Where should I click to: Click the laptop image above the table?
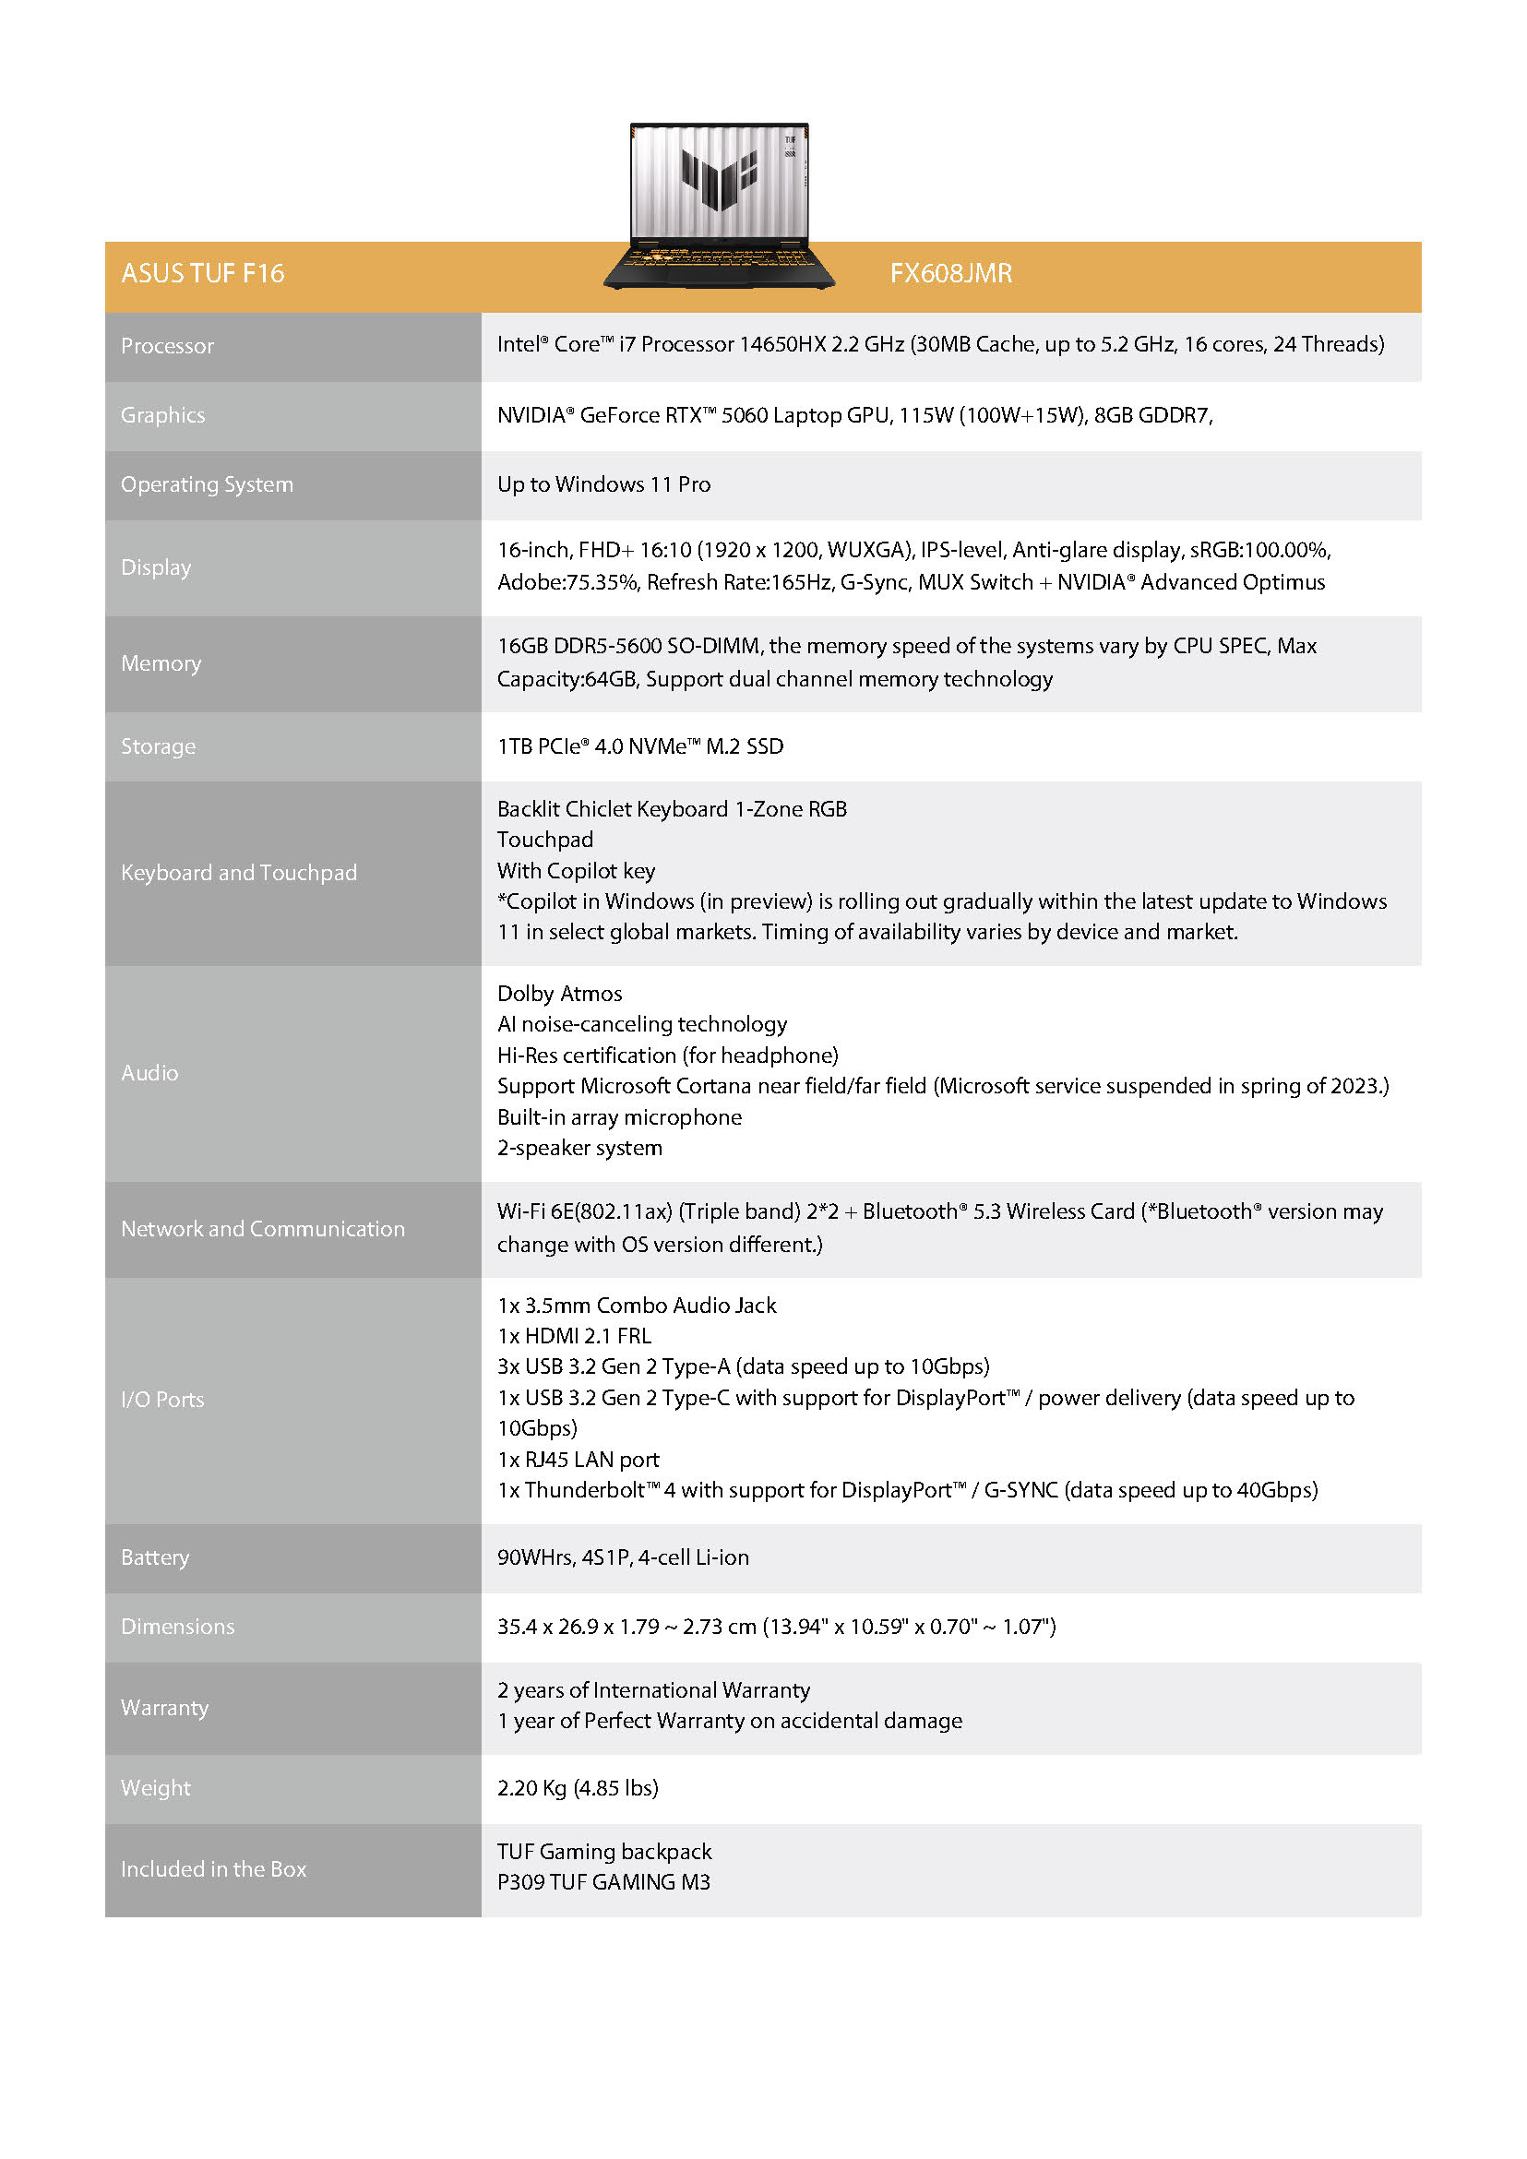(719, 204)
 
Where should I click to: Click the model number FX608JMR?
(950, 274)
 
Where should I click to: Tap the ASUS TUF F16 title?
(202, 274)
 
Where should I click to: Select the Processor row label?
(167, 346)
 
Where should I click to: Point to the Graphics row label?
(162, 415)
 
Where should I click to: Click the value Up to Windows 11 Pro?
(603, 484)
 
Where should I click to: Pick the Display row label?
(156, 568)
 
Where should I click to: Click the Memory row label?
(161, 664)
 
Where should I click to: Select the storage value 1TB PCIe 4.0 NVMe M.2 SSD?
(640, 746)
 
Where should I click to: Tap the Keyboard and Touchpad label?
(239, 874)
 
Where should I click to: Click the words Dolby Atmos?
(559, 994)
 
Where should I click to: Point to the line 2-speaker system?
(579, 1148)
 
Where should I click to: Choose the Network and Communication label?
(262, 1229)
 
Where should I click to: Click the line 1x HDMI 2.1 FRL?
(575, 1336)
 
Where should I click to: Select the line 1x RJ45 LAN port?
(579, 1460)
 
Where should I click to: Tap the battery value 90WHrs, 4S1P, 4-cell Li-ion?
(623, 1557)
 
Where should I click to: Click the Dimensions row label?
(178, 1627)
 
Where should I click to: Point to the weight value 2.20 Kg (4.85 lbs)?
(578, 1787)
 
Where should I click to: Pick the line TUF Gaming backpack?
(604, 1852)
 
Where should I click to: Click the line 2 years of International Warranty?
(653, 1689)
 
